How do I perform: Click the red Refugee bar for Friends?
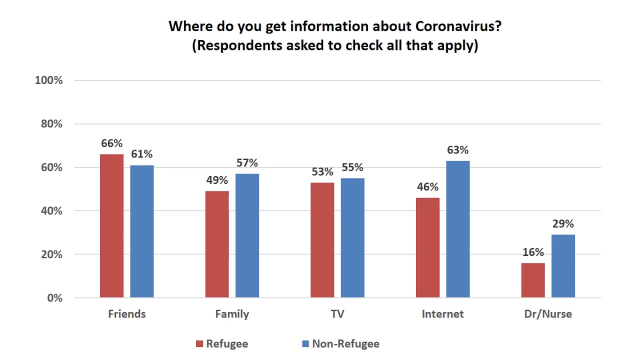coord(111,226)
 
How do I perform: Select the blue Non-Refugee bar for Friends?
coord(142,231)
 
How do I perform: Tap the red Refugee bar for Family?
coord(217,244)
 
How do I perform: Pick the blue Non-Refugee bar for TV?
coord(352,238)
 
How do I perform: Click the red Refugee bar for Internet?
coord(427,247)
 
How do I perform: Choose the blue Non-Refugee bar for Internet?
coord(458,229)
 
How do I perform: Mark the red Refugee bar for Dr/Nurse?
coord(533,280)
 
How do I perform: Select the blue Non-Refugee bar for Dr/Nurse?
coord(563,266)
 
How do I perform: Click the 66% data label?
coord(111,143)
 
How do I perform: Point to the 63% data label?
coord(458,150)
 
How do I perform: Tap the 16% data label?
coord(533,252)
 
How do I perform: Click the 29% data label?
coord(563,223)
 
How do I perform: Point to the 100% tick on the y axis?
coord(48,80)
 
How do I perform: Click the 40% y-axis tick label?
coord(51,211)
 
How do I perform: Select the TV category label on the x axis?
coord(337,314)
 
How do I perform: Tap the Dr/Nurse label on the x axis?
coord(548,314)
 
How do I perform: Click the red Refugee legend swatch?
coord(199,344)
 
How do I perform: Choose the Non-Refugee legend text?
coord(345,344)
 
